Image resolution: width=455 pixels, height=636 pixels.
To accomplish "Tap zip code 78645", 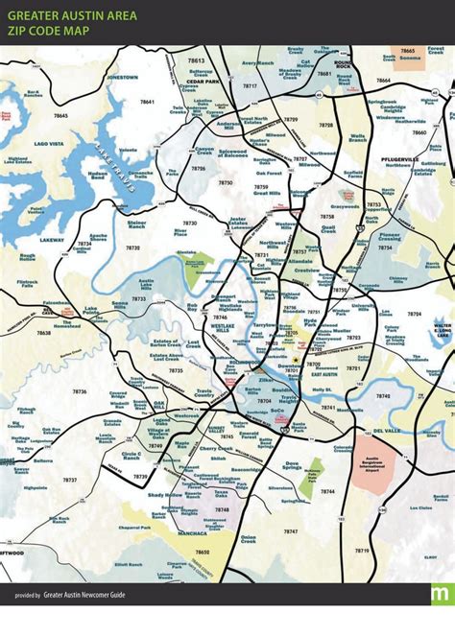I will [61, 115].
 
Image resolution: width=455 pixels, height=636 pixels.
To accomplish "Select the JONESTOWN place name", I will [123, 76].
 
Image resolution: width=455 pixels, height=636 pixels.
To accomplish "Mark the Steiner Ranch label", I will [138, 224].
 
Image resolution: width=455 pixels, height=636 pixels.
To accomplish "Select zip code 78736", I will [79, 391].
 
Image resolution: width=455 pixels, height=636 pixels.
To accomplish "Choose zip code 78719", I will [361, 551].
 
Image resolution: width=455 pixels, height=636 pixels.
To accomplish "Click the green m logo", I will [441, 593].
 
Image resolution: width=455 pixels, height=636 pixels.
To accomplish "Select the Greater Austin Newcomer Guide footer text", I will [87, 595].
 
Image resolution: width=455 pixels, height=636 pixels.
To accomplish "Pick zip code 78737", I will [69, 480].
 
